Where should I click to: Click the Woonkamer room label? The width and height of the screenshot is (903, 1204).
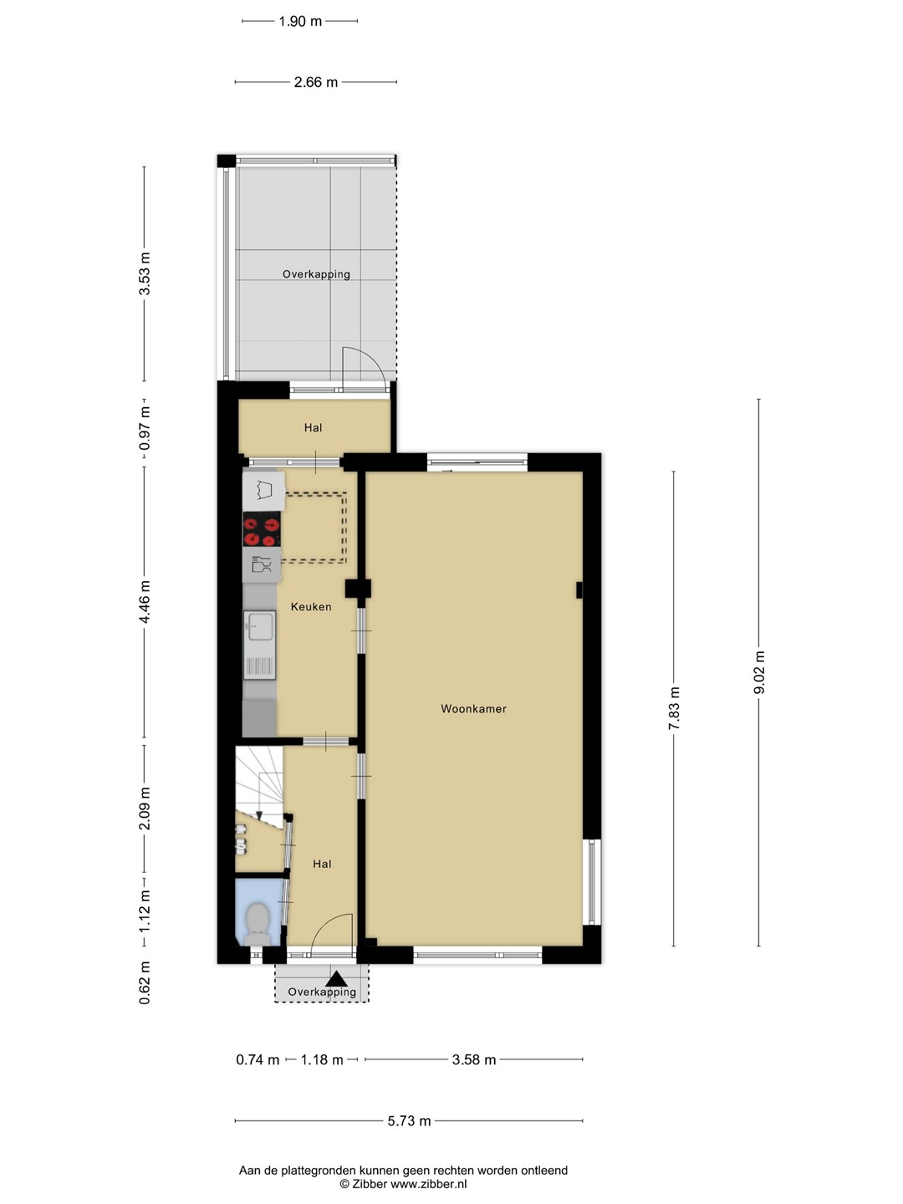(473, 709)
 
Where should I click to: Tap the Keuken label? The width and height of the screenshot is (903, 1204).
(311, 607)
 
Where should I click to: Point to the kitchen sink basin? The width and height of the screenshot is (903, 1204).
(259, 626)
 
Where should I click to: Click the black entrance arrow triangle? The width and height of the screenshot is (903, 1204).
(336, 979)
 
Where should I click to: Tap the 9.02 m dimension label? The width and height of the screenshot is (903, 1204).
(759, 672)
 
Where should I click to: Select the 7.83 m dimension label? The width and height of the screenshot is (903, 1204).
(674, 708)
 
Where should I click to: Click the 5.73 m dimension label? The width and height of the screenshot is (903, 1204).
(409, 1120)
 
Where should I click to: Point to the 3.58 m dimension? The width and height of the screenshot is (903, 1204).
(474, 1059)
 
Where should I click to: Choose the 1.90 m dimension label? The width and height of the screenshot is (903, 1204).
(300, 22)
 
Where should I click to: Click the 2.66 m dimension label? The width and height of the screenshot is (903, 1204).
(316, 82)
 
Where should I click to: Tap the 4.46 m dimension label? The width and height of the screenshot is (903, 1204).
(145, 602)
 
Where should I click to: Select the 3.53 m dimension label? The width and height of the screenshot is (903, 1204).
(145, 273)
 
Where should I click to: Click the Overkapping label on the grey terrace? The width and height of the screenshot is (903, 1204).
(316, 274)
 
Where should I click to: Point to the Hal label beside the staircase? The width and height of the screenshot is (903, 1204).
(322, 864)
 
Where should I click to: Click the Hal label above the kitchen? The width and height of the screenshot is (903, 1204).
(313, 427)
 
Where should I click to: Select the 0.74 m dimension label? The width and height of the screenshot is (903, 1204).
(258, 1059)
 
